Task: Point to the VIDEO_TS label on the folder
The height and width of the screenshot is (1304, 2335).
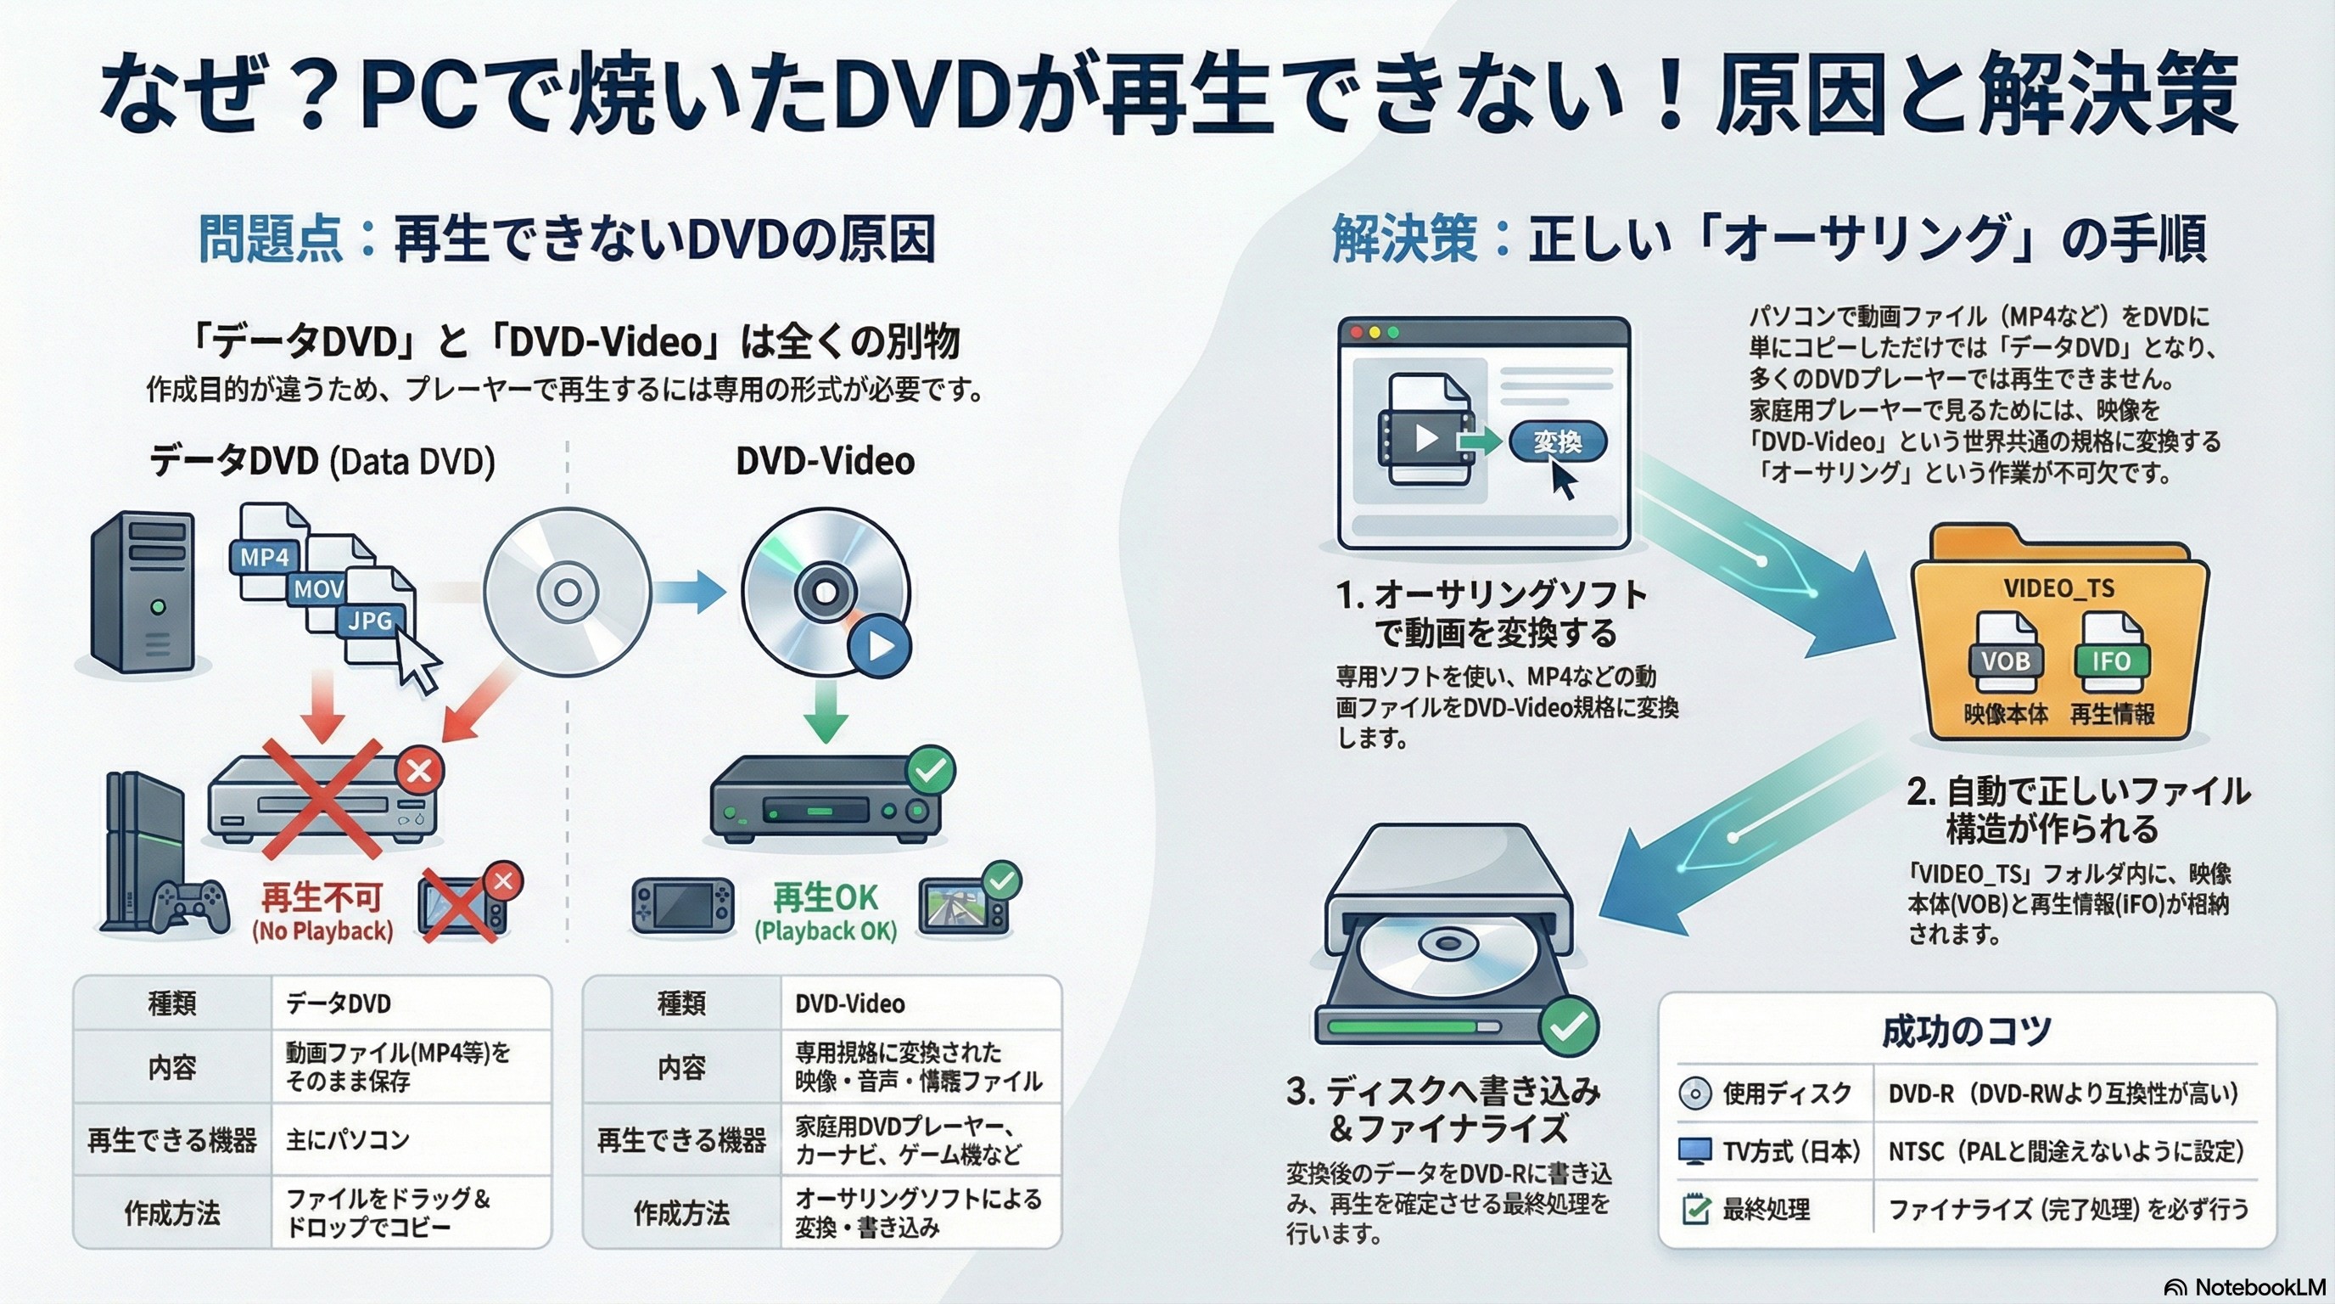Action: (2058, 588)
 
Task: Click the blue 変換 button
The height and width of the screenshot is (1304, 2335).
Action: (1557, 441)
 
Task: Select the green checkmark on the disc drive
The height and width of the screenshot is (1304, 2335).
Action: (1569, 1026)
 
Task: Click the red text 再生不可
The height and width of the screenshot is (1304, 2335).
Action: (321, 897)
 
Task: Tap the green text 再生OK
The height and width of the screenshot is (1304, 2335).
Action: (825, 897)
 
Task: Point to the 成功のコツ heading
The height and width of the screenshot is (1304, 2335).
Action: (1966, 1031)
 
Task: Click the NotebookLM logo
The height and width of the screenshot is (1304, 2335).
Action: (2244, 1287)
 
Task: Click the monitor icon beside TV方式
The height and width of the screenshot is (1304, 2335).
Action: (1694, 1150)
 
